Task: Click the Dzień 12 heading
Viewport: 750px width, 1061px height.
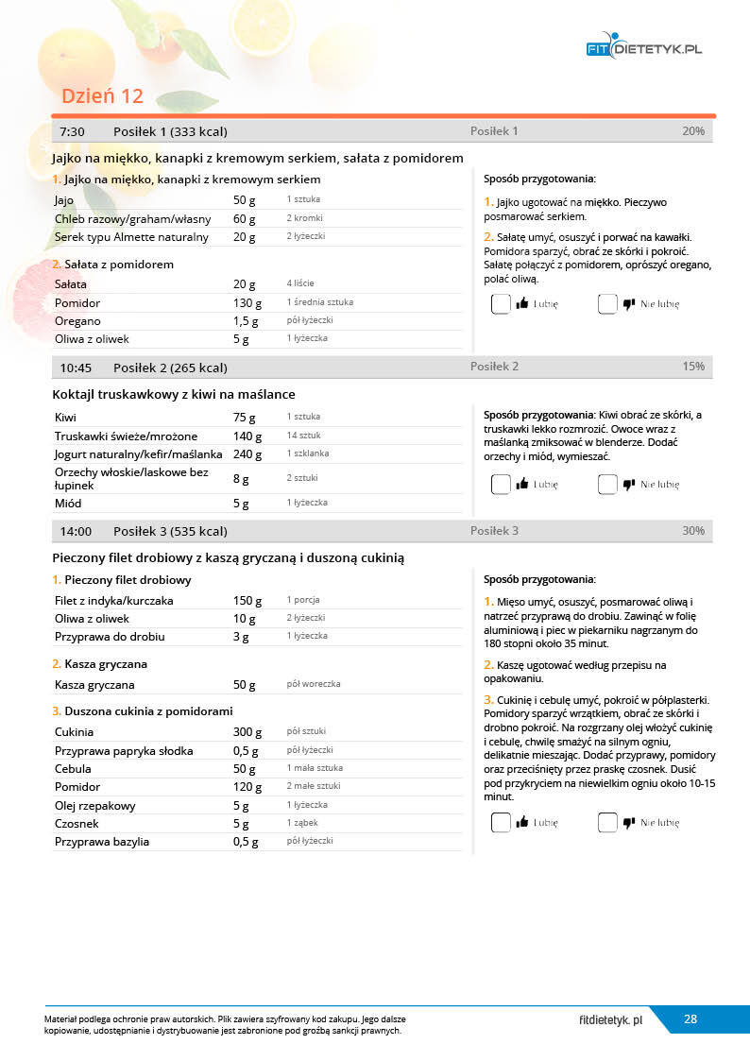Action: click(102, 96)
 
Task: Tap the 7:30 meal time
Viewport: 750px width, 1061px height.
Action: click(73, 131)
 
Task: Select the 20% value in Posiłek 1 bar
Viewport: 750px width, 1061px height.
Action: click(693, 131)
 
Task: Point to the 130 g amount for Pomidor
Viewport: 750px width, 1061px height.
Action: click(247, 303)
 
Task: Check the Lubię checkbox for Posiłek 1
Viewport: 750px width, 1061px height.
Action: click(501, 304)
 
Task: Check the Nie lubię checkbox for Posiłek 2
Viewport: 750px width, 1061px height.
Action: click(607, 485)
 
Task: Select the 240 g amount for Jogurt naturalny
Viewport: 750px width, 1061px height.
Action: click(247, 454)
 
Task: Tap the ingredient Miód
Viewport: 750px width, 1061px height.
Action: click(68, 504)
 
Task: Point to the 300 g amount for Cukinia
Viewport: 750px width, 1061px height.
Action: click(247, 732)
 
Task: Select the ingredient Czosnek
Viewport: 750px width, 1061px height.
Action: click(77, 824)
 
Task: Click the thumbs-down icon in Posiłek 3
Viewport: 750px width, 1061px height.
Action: click(629, 823)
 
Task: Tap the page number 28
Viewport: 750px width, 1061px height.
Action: click(690, 1019)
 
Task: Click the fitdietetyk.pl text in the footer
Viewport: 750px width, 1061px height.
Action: click(611, 1020)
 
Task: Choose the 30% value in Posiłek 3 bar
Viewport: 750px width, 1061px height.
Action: click(693, 531)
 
